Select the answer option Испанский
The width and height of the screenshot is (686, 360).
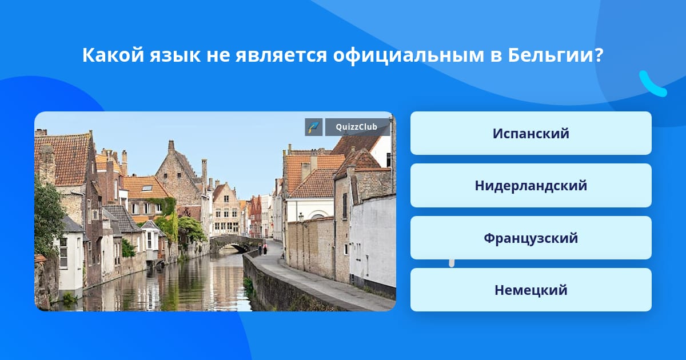point(531,133)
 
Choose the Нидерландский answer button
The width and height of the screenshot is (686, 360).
point(531,186)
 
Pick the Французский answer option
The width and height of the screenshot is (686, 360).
point(531,238)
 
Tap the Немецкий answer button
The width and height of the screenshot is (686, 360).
point(531,290)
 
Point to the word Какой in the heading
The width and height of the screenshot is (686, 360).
point(113,55)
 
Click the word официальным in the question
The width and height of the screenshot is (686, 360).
point(409,56)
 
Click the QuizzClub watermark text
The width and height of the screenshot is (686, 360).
point(356,127)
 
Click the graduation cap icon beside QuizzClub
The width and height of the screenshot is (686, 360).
point(314,127)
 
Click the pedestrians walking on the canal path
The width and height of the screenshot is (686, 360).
point(262,249)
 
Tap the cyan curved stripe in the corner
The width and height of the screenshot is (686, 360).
point(652,84)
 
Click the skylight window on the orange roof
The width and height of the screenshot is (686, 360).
point(147,188)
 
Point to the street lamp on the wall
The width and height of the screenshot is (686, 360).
point(301,217)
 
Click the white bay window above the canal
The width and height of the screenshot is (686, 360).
point(151,239)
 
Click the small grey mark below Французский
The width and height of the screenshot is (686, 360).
point(452,263)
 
